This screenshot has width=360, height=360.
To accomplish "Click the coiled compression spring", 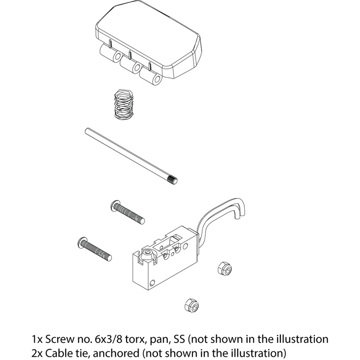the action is (x=123, y=104).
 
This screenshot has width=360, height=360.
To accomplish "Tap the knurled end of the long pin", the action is (x=173, y=179).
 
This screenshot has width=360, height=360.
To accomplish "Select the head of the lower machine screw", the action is (x=82, y=242).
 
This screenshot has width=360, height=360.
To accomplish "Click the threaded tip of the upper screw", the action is (x=142, y=220).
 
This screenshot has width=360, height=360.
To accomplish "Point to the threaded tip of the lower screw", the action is (x=109, y=257).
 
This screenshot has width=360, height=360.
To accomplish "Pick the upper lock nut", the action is (x=225, y=268).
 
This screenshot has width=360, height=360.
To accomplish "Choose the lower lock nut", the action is (x=192, y=305).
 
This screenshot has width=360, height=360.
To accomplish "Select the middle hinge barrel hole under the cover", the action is (x=137, y=67).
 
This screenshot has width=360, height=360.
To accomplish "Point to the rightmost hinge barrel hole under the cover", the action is (x=157, y=79).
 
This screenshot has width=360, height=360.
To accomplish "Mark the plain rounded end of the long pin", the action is (x=87, y=130).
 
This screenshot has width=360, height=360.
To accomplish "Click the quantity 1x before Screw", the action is (x=37, y=339).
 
